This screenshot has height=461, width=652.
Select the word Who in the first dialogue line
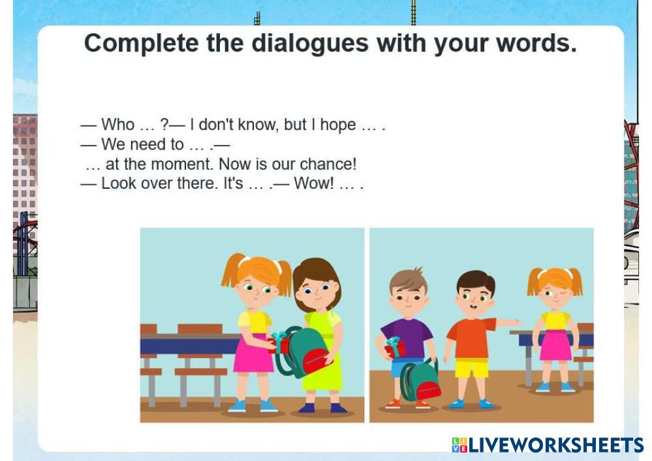click(117, 125)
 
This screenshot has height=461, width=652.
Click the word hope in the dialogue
click(338, 125)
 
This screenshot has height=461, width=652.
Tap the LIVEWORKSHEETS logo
click(548, 445)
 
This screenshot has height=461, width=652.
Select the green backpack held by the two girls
click(303, 352)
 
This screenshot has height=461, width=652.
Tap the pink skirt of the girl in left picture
click(254, 353)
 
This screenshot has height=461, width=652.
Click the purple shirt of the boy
click(407, 338)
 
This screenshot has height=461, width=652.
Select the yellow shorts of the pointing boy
click(471, 368)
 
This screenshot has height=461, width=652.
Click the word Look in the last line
click(119, 183)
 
